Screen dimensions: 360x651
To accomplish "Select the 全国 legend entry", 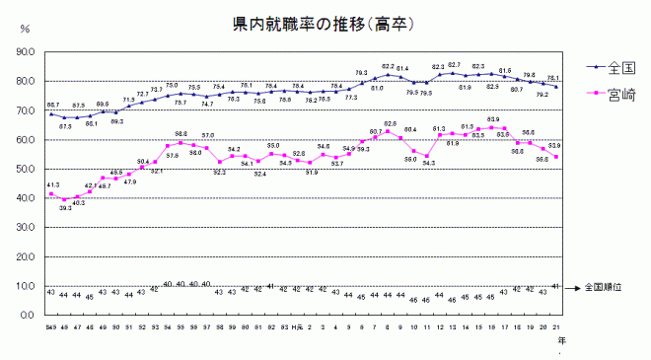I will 620,68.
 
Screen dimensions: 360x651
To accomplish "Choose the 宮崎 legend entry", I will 620,96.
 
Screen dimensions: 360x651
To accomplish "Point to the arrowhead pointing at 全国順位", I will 576,287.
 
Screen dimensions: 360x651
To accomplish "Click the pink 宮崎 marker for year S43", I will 50,194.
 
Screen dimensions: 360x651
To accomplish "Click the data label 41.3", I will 52,184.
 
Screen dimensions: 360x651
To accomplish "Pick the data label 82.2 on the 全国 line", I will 388,66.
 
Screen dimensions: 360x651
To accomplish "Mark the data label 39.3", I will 65,208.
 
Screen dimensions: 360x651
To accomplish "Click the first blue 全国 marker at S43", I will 50,113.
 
